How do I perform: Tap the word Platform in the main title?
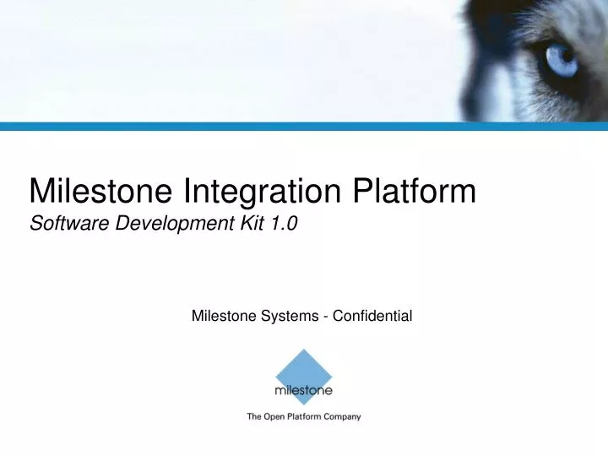(x=415, y=193)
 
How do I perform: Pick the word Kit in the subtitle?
(x=240, y=225)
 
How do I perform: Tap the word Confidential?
(x=372, y=317)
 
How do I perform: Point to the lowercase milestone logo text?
(x=303, y=391)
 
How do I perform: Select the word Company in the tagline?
(x=341, y=416)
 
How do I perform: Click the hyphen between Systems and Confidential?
(x=326, y=318)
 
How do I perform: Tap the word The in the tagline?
(x=253, y=416)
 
